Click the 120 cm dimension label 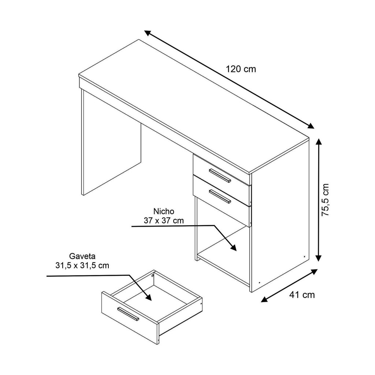241,69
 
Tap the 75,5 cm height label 326,200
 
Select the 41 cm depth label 302,295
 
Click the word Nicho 164,211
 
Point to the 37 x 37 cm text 164,220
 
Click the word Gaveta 82,256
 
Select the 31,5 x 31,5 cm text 82,266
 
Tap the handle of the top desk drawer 220,175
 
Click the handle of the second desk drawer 220,196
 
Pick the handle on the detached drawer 128,314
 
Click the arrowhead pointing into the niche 233,246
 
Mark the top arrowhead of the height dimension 319,143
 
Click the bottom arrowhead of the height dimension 319,257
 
